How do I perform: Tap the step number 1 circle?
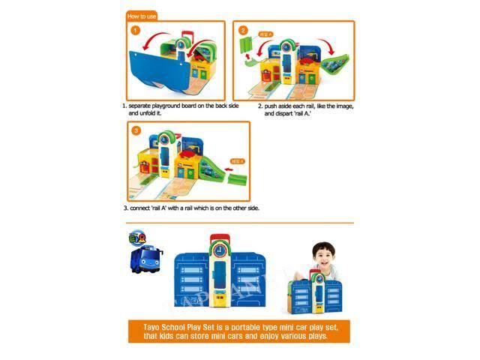136,31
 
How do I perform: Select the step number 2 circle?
244,31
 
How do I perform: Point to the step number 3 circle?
136,131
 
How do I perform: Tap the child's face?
324,256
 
